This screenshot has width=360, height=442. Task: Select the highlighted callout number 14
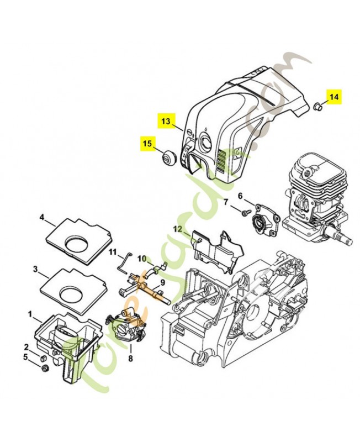(x=333, y=97)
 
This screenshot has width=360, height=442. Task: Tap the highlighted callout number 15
(x=146, y=143)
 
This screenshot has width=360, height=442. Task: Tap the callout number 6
(x=240, y=196)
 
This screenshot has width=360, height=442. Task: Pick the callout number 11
(x=112, y=253)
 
